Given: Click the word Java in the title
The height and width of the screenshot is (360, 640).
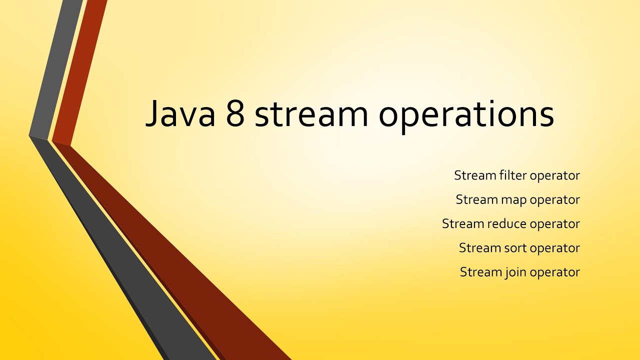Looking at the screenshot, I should (179, 114).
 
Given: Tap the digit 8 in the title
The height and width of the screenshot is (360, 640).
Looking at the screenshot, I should (235, 114).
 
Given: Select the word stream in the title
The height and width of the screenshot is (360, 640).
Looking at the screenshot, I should (311, 114).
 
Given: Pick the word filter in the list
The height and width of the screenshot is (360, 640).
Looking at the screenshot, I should (512, 175).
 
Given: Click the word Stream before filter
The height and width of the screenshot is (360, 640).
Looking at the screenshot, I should (475, 175).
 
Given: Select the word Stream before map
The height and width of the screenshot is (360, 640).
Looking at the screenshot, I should (476, 199).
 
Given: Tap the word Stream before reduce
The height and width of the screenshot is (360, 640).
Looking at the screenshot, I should (462, 223).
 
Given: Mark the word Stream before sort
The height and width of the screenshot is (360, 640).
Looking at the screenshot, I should (479, 247).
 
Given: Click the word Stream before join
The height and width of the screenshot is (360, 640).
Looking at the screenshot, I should (480, 272).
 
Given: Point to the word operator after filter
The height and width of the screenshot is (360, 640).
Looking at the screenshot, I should (554, 176).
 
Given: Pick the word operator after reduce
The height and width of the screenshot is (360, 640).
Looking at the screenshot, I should (554, 224).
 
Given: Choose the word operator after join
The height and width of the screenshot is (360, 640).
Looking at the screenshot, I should (554, 272).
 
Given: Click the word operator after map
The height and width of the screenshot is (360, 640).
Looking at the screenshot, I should (554, 200).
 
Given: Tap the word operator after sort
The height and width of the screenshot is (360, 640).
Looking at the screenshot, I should (554, 248).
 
